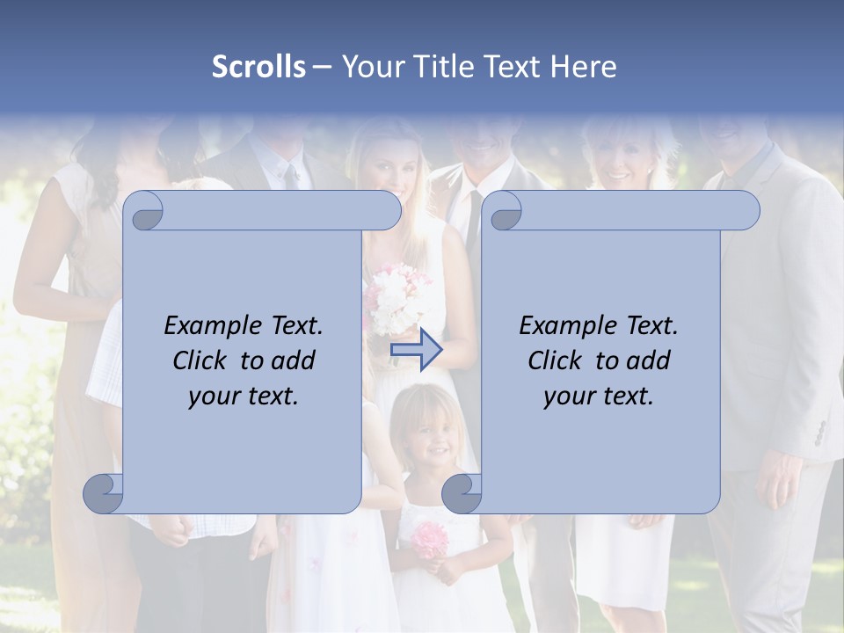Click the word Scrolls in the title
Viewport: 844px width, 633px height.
click(258, 67)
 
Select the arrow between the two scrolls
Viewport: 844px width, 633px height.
click(417, 351)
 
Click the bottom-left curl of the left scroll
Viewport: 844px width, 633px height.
click(104, 493)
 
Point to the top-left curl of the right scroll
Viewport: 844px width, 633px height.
click(505, 212)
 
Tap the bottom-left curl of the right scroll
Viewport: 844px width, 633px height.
click(462, 493)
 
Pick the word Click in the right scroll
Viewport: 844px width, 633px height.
click(554, 360)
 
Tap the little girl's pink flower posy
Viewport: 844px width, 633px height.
click(431, 538)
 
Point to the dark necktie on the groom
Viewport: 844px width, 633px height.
click(473, 220)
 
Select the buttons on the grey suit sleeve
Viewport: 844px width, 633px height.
click(820, 432)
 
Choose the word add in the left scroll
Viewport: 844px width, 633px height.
click(295, 360)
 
